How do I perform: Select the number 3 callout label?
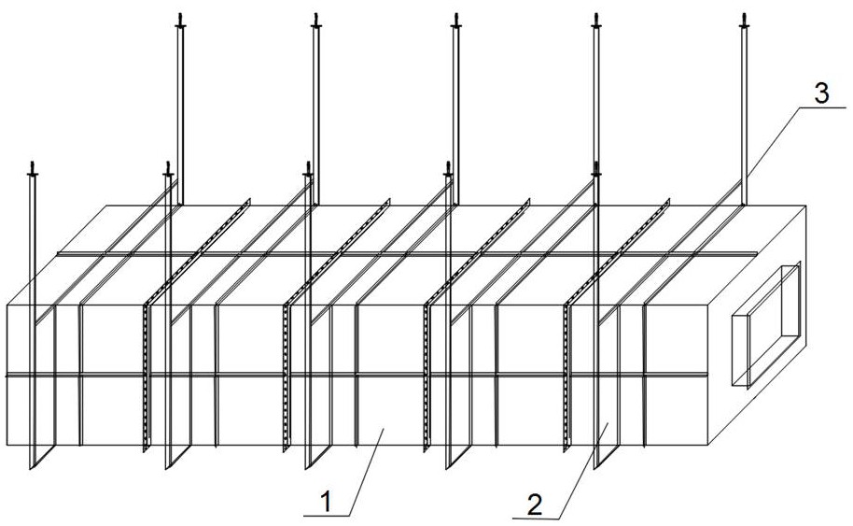click(x=821, y=93)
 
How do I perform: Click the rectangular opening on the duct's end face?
click(x=767, y=325)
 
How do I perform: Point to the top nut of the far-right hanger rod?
click(x=744, y=21)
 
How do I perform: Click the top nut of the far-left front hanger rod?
click(x=33, y=171)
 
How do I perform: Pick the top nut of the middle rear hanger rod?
click(x=455, y=21)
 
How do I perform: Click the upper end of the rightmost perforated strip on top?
click(x=668, y=200)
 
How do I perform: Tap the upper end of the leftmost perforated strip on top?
click(x=248, y=201)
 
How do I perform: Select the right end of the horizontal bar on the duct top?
click(x=756, y=253)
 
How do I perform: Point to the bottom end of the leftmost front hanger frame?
click(x=32, y=467)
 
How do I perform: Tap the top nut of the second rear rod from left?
click(x=316, y=21)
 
